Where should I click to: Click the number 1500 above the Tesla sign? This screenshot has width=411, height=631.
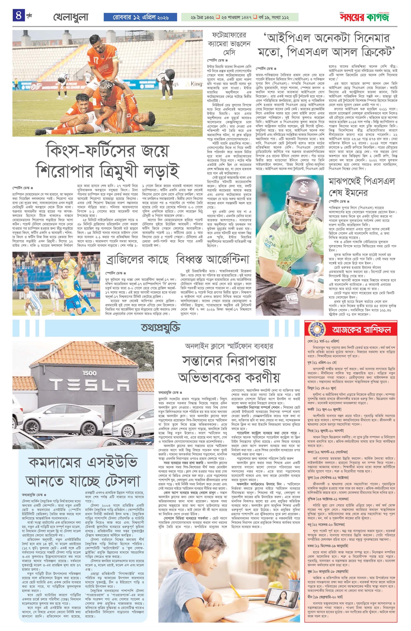click(x=89, y=373)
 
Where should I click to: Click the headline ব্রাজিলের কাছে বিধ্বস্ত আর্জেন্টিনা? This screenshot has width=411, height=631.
click(x=178, y=260)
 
